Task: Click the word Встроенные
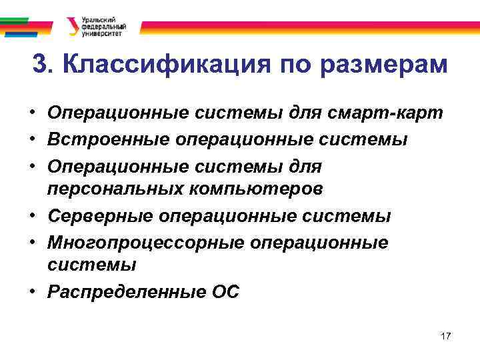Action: coord(108,139)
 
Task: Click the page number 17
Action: coord(446,336)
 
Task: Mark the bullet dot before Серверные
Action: coord(32,216)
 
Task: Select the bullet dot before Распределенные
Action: coord(32,291)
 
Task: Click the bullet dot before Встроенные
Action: coord(32,139)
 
